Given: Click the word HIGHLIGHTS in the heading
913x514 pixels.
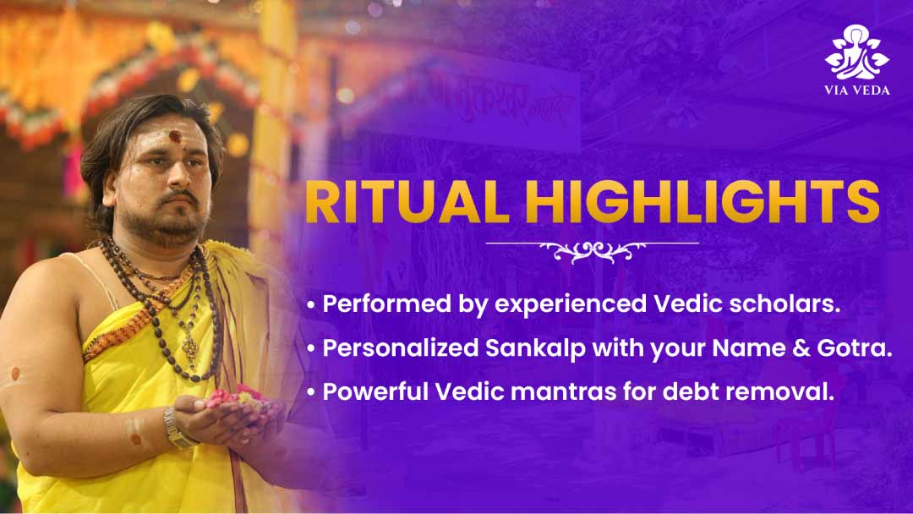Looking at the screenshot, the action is (703, 202).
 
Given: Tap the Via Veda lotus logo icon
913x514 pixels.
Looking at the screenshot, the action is (856, 52).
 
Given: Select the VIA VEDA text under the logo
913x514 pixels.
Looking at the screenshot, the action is (856, 90).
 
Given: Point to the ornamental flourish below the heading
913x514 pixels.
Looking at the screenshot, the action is (592, 251).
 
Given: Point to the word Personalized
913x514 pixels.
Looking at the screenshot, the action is (401, 348).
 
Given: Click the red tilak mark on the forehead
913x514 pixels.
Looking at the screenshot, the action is (175, 138).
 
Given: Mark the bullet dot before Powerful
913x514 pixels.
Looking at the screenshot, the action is (311, 391).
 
